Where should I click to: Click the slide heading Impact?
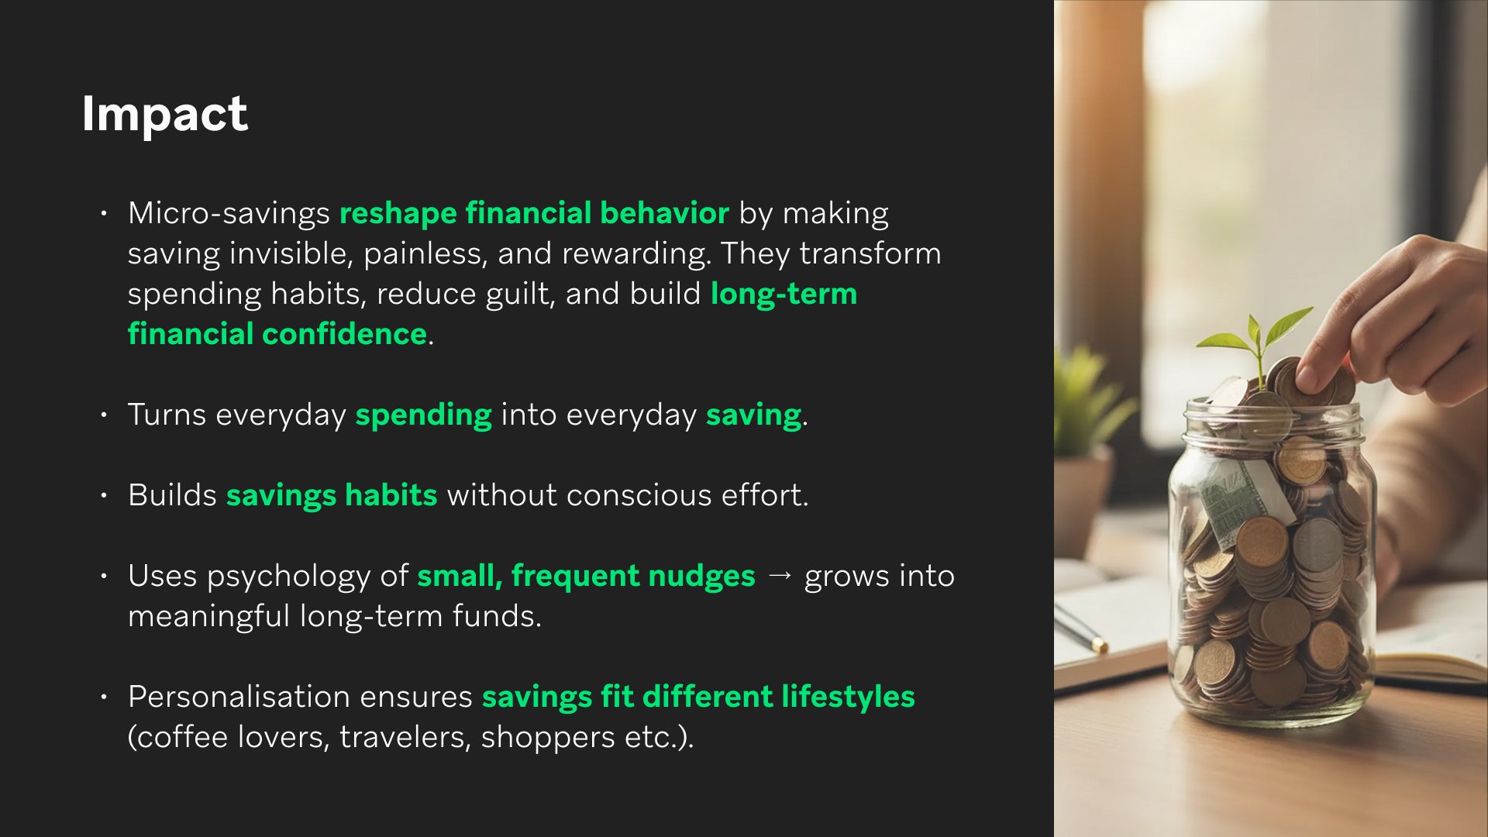pos(164,114)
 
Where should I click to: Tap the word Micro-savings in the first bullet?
pos(229,213)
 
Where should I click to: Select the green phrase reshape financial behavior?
pos(534,213)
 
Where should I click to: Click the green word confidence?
pos(345,334)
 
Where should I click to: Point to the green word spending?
pos(423,415)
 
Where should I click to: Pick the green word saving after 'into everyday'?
pos(753,415)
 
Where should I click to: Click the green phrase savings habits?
pos(332,495)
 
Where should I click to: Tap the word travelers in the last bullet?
pos(405,737)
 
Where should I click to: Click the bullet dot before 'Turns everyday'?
pos(104,415)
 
